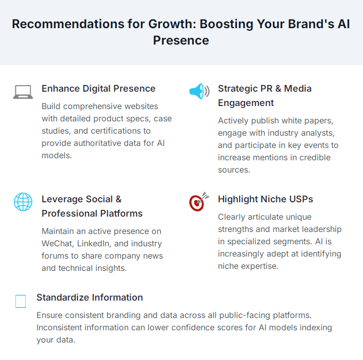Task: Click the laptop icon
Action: coord(23,92)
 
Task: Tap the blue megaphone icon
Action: coord(199,91)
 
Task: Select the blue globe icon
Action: coord(23,202)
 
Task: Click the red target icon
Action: coord(198,202)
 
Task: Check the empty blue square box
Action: coord(21,301)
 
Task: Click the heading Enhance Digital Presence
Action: coord(98,89)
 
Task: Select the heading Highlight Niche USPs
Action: coord(265,199)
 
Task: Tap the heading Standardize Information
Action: coord(90,298)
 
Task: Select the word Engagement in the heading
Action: coord(246,103)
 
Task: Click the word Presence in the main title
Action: coord(181,40)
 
